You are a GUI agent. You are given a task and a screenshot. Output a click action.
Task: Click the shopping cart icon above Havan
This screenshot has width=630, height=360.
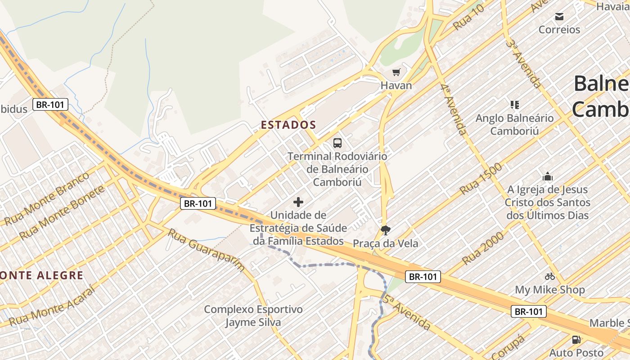[396, 72]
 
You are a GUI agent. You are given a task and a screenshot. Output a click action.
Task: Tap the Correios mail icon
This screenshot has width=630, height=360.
[559, 17]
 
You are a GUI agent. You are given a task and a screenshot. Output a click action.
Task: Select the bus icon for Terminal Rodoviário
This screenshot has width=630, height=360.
[337, 143]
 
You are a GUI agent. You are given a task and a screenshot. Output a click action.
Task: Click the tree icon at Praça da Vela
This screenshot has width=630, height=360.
[385, 230]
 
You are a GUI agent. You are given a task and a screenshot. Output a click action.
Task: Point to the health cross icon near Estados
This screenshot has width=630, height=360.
[298, 202]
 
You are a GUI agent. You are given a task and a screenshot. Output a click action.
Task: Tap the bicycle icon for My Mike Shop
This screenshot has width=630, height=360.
[549, 276]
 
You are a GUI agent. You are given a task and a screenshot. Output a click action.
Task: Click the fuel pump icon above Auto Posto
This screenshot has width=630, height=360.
[576, 339]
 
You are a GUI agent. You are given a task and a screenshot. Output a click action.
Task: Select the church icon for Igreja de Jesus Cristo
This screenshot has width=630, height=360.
[547, 176]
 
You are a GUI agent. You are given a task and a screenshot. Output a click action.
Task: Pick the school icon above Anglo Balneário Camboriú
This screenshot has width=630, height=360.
[515, 105]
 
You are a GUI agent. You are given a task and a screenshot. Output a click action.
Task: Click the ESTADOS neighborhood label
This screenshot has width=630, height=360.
[288, 125]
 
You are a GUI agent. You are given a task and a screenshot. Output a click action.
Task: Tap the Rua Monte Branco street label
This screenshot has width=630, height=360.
[47, 198]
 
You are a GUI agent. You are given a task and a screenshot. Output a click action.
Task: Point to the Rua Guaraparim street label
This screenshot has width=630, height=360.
[207, 250]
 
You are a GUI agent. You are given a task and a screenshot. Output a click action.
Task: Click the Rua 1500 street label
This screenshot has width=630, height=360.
[481, 179]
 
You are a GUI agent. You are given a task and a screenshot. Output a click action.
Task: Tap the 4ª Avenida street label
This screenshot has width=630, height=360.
[453, 109]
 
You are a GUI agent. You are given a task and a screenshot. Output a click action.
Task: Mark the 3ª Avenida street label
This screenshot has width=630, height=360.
[523, 63]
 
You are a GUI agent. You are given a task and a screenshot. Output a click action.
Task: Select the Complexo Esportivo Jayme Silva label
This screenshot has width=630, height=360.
[253, 316]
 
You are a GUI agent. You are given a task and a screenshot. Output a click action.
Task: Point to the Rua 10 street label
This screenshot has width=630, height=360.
[468, 17]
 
